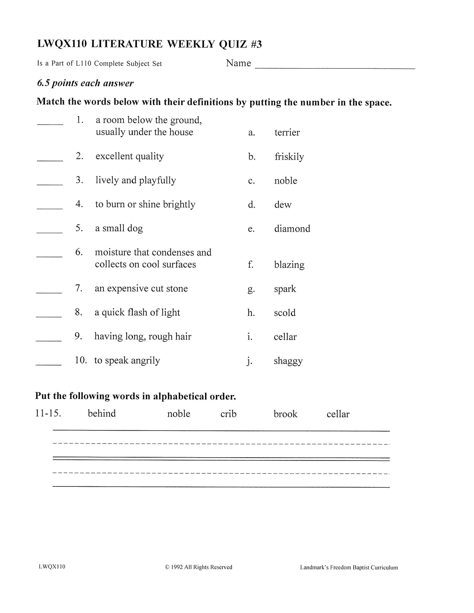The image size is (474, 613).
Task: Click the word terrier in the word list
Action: click(x=287, y=132)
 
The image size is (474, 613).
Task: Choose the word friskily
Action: click(x=289, y=157)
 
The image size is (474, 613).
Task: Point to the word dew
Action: click(x=283, y=205)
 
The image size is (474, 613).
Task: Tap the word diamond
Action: click(x=292, y=229)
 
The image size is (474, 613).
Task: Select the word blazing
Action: click(x=289, y=265)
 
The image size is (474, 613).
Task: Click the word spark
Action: click(x=285, y=289)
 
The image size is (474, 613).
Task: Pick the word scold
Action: click(x=285, y=313)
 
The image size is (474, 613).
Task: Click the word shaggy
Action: click(x=288, y=361)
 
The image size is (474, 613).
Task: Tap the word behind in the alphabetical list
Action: click(x=102, y=413)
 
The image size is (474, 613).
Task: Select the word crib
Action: click(x=228, y=414)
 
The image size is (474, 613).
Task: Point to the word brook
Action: click(x=285, y=414)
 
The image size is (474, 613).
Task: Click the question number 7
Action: click(x=78, y=288)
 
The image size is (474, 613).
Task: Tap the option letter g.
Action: click(x=251, y=289)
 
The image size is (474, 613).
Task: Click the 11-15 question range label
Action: click(x=48, y=413)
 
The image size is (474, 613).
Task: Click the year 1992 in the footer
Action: click(x=177, y=567)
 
